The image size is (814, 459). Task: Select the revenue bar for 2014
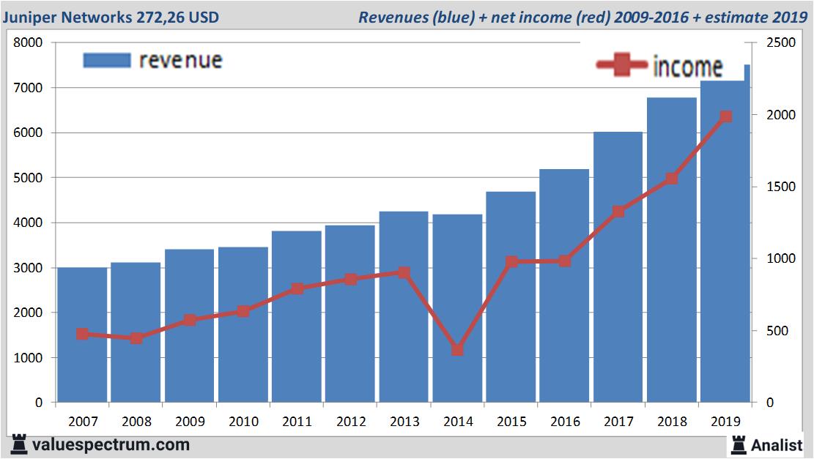coord(457,308)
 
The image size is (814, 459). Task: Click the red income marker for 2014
coord(457,349)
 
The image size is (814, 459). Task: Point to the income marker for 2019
coord(725,116)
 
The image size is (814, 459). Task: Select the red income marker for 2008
coord(136,338)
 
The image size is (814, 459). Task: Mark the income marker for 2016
coord(565,261)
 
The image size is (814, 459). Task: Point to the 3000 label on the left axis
coord(29,268)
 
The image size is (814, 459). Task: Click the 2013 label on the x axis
coord(404,422)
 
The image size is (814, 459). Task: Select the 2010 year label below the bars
coord(243,422)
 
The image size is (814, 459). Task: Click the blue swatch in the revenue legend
coord(106,60)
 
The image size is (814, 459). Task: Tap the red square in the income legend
coord(623,66)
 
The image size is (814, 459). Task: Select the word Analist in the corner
coord(777,444)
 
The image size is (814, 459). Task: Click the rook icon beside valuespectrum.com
coord(20,444)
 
